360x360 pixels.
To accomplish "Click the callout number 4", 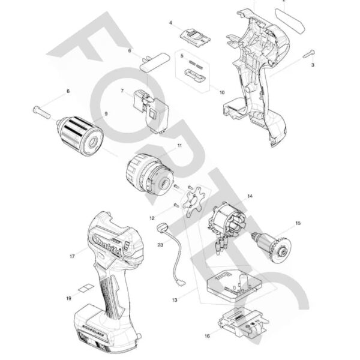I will point(171,23).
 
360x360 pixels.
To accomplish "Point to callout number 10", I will point(222,92).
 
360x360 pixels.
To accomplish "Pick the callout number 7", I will point(122,91).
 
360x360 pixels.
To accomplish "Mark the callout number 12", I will point(152,218).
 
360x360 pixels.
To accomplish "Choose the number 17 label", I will point(72,256).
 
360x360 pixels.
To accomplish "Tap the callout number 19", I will point(69,298).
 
